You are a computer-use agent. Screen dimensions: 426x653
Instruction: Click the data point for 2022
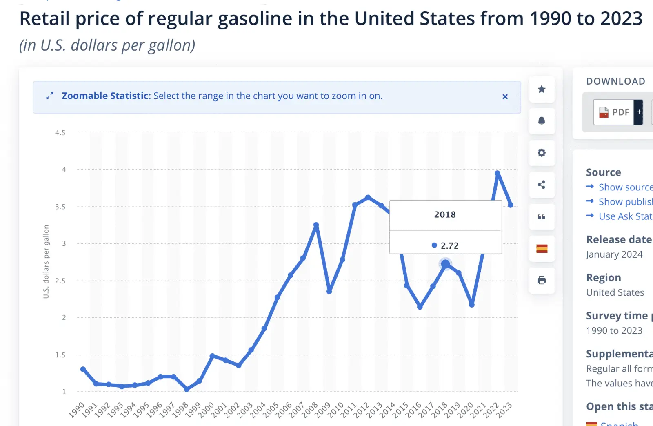(x=497, y=173)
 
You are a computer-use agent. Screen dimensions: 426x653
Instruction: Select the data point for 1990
(x=83, y=369)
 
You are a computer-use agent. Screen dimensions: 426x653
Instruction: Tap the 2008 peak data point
(x=316, y=225)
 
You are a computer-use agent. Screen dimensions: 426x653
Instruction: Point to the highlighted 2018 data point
(x=445, y=264)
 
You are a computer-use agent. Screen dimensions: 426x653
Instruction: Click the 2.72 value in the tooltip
(x=449, y=245)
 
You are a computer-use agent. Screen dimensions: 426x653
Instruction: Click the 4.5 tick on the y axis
(x=60, y=133)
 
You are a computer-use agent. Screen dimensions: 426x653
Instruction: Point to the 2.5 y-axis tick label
(x=60, y=281)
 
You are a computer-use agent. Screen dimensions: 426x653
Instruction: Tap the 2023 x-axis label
(x=504, y=409)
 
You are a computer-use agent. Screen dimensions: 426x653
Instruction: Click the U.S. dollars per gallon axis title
(x=46, y=261)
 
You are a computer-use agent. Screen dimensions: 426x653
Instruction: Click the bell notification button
(x=542, y=121)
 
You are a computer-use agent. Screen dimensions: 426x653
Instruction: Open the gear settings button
(x=542, y=153)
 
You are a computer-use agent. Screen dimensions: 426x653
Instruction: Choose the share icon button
(x=542, y=185)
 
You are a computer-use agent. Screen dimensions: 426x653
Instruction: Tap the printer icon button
(x=542, y=280)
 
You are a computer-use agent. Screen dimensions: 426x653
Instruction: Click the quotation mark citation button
(x=542, y=216)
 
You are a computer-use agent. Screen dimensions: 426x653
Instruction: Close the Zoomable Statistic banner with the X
(x=505, y=96)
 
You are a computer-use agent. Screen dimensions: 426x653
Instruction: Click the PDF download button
(x=614, y=112)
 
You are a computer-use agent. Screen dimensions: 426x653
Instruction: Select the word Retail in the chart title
(x=44, y=19)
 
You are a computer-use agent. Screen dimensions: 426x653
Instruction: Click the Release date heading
(x=619, y=239)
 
